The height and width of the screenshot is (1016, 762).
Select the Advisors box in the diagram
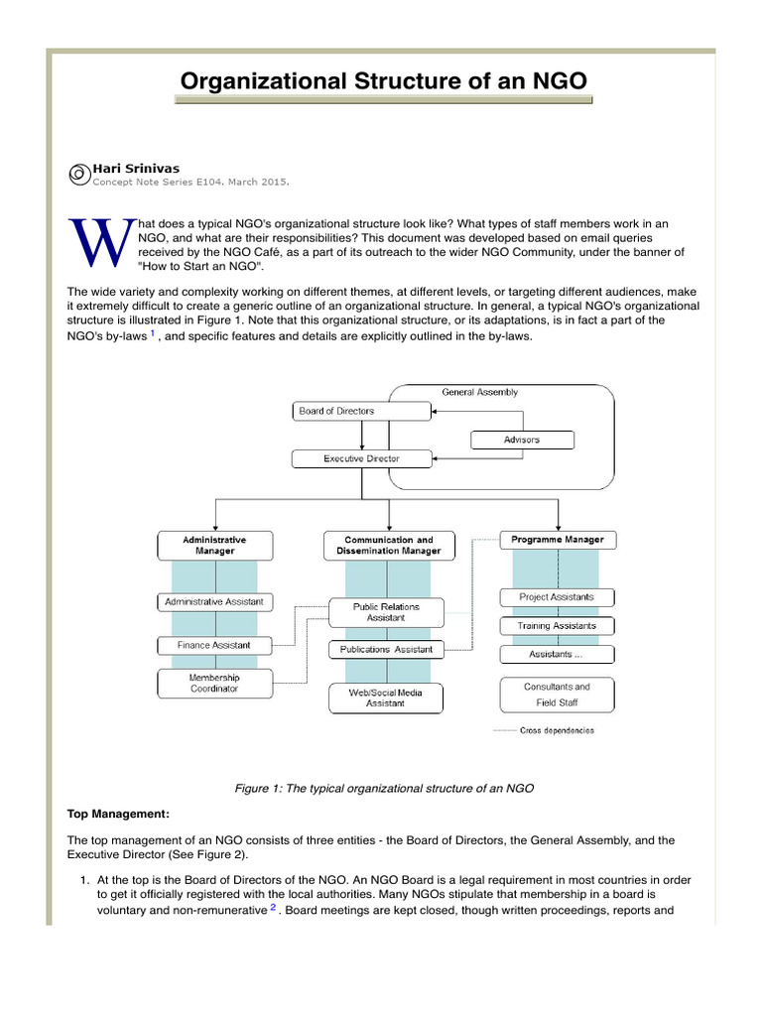[x=521, y=439]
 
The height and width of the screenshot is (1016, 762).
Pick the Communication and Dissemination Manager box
[x=386, y=545]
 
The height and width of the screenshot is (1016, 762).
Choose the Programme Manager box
[x=557, y=540]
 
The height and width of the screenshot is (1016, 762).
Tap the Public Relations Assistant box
[x=386, y=611]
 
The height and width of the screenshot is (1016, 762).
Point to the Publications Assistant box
[x=386, y=649]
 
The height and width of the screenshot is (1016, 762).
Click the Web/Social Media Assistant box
[x=386, y=698]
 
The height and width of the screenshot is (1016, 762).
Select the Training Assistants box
[x=557, y=626]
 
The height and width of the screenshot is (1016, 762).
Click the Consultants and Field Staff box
[x=557, y=695]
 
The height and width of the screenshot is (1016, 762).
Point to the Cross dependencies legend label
[x=557, y=731]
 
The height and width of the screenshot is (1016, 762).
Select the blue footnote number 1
[x=152, y=333]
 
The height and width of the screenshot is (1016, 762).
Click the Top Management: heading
[x=118, y=814]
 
